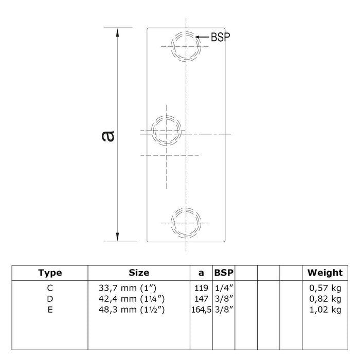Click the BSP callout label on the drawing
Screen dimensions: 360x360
221,37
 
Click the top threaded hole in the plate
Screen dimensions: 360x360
186,47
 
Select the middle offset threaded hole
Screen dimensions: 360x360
166,131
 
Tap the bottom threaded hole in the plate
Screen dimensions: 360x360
186,223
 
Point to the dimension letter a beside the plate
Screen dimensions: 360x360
108,136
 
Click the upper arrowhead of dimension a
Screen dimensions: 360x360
118,32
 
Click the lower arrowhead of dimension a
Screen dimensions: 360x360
118,237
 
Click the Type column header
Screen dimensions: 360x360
50,273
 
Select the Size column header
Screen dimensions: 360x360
139,273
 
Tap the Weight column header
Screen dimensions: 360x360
325,273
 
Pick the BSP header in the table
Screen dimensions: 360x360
224,273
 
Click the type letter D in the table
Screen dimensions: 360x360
50,299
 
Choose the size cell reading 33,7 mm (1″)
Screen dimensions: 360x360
128,288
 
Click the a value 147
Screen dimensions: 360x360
201,299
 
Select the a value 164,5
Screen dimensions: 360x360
202,310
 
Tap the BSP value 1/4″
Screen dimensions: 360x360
224,288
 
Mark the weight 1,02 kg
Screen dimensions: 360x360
326,310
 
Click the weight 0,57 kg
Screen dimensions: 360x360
326,288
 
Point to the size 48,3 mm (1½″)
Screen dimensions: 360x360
132,310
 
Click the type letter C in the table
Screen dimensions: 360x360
50,288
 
